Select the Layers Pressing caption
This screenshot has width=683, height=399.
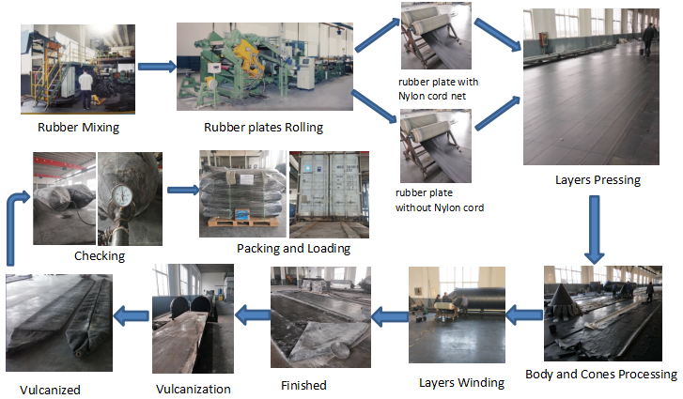click(x=597, y=179)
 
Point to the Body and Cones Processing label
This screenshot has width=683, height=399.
click(x=600, y=374)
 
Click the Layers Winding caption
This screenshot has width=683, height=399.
click(x=461, y=382)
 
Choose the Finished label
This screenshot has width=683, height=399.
click(x=303, y=385)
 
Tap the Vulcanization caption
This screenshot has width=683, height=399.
click(x=192, y=388)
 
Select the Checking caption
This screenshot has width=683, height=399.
click(x=99, y=255)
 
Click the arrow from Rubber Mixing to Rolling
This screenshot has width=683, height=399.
click(x=156, y=66)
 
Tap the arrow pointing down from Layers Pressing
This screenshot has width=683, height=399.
click(x=594, y=230)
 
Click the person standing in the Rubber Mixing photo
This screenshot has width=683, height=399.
click(x=86, y=89)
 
